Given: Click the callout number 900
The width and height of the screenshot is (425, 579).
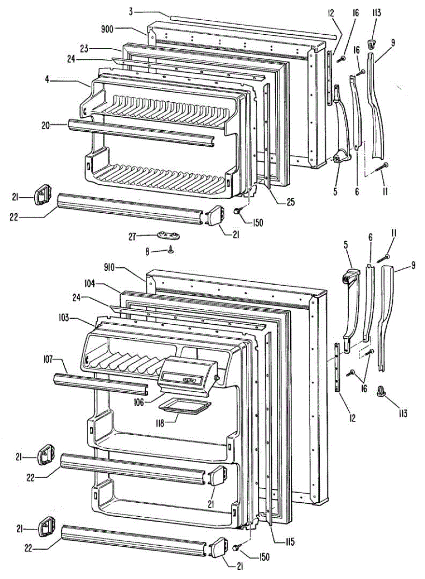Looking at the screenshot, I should click(x=107, y=29).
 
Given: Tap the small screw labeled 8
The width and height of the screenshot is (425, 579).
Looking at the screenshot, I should click(x=171, y=249).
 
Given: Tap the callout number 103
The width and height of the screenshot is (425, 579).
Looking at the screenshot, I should click(x=61, y=318).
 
